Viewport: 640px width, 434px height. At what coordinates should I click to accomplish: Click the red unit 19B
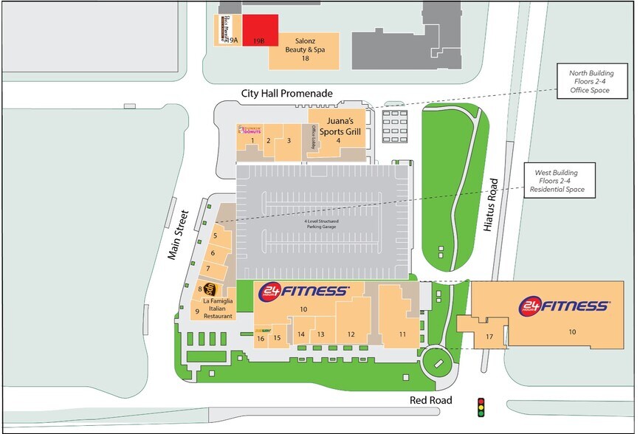tap(261, 32)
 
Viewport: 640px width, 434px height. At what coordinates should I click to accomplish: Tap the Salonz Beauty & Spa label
tap(305, 51)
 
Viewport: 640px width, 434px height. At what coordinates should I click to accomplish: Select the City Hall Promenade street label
tap(287, 94)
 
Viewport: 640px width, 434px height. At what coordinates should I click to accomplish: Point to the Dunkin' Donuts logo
tap(250, 128)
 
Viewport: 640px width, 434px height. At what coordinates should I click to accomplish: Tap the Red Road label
tap(433, 399)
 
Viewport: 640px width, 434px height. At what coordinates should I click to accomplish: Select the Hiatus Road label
tap(493, 206)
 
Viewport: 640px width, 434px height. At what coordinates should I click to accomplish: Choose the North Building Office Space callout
tap(587, 82)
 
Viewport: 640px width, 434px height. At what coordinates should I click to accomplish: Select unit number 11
tap(402, 334)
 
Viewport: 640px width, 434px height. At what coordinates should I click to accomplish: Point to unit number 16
tap(261, 339)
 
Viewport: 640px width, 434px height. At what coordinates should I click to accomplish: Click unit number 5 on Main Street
tap(215, 236)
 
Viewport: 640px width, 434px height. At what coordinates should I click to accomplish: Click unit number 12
tap(351, 334)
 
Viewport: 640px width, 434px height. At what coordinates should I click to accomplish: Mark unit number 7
tap(209, 267)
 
